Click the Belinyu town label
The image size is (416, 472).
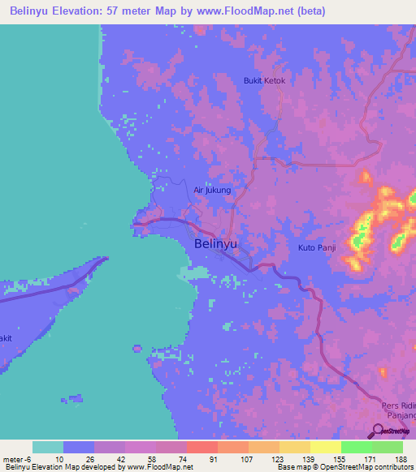coord(215,243)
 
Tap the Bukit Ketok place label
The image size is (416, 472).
coord(265,81)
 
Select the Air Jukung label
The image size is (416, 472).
coord(212,191)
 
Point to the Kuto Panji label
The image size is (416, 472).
coord(317,247)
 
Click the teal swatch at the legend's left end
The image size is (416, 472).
coord(48,447)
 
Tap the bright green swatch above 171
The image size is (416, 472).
coord(356,447)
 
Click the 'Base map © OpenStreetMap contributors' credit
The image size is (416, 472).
coord(344,468)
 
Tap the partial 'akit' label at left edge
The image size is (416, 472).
coord(6,337)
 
